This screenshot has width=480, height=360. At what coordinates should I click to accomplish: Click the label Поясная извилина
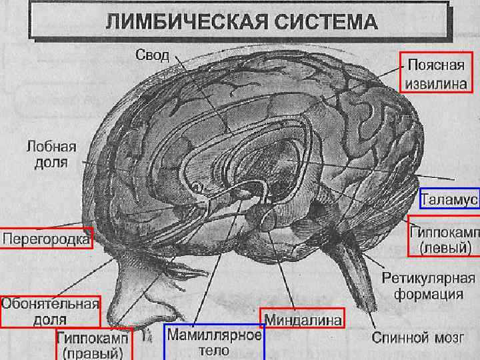437,74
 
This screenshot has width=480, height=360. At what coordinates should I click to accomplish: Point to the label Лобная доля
51,154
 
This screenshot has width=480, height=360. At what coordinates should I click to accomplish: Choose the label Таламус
449,199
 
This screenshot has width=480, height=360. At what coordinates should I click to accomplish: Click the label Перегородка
46,237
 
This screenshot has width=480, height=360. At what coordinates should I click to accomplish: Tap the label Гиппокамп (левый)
444,239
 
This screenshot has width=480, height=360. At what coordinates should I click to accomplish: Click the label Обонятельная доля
49,311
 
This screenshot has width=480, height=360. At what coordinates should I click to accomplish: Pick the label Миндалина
303,319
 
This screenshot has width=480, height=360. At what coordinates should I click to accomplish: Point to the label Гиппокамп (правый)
93,345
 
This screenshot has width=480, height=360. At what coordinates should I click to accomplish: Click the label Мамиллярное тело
214,342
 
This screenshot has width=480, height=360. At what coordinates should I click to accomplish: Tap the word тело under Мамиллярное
214,350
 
